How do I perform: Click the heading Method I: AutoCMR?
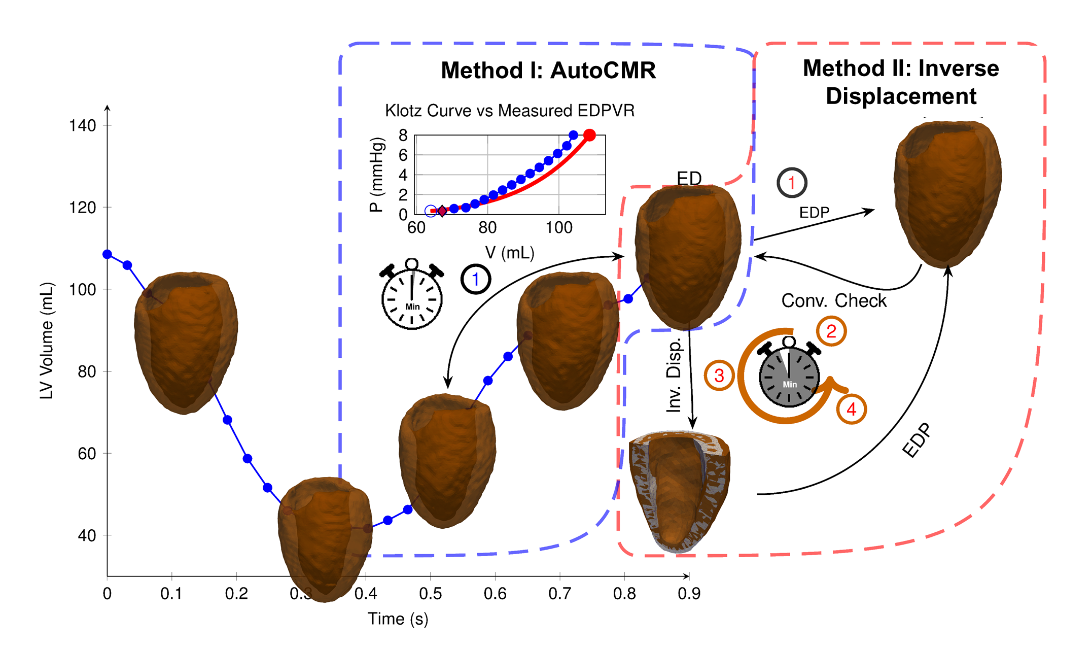tap(548, 71)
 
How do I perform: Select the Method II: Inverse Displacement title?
tap(901, 82)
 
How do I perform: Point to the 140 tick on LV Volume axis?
tap(83, 126)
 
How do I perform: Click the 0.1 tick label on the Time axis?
tap(171, 593)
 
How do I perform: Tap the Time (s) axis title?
tap(398, 619)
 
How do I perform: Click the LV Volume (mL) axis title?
tap(47, 340)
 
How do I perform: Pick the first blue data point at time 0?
tap(107, 254)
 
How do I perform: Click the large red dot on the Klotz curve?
tap(589, 135)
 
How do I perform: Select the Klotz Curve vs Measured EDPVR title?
tap(510, 111)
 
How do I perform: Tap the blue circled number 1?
tap(476, 279)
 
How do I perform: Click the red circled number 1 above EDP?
tap(792, 183)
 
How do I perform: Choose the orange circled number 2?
tap(831, 331)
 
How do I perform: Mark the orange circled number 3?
tap(719, 376)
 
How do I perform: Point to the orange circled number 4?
tap(852, 409)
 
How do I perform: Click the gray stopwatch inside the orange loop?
tap(789, 376)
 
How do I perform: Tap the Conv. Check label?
tap(834, 301)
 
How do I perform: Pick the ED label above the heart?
tap(689, 178)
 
